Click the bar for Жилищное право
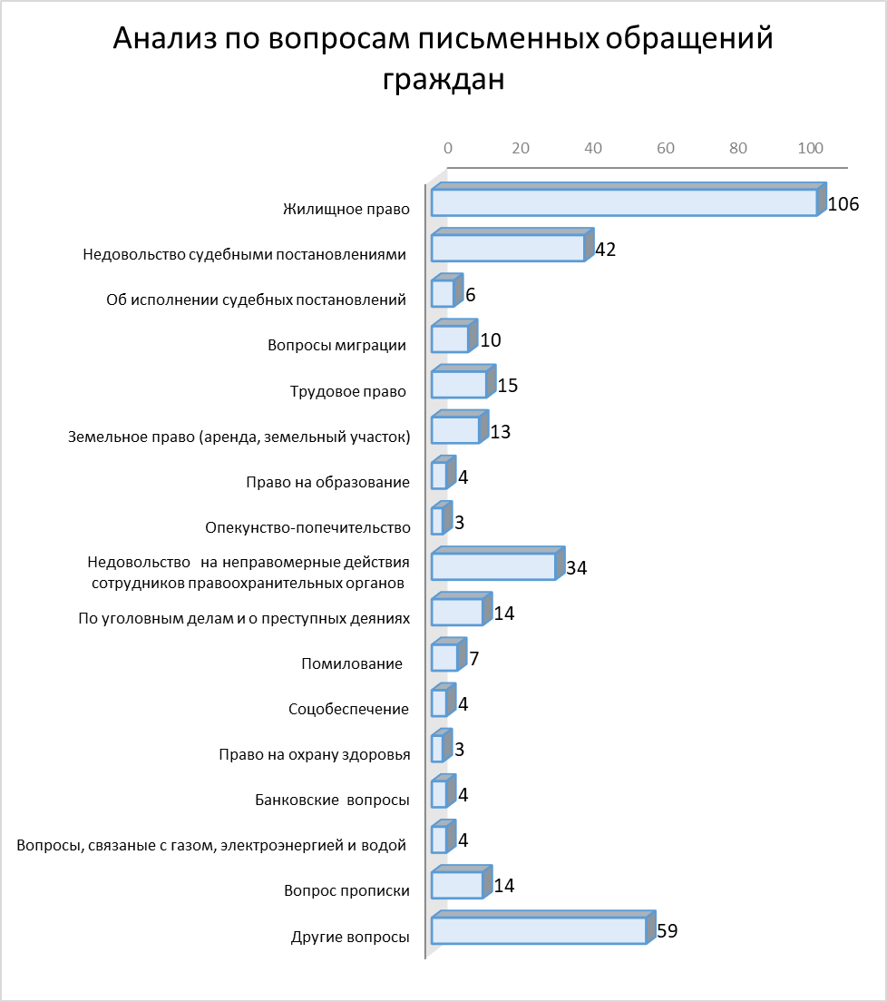click(x=629, y=200)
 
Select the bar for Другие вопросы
click(x=543, y=928)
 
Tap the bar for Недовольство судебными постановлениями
click(x=512, y=245)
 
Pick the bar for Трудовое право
click(x=463, y=381)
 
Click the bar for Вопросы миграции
click(x=454, y=336)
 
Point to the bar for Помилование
click(x=449, y=654)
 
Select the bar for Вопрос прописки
click(x=462, y=882)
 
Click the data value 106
click(x=843, y=204)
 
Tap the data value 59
click(x=667, y=930)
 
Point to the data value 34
click(x=576, y=567)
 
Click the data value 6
click(x=471, y=295)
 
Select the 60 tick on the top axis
click(x=666, y=148)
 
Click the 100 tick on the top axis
click(x=811, y=148)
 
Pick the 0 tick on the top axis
click(x=448, y=148)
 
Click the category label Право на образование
click(x=327, y=482)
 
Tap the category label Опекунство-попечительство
click(x=307, y=527)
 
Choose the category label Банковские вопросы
click(x=332, y=800)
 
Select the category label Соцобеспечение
click(x=348, y=709)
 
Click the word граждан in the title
click(x=443, y=79)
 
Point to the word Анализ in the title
click(x=165, y=38)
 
